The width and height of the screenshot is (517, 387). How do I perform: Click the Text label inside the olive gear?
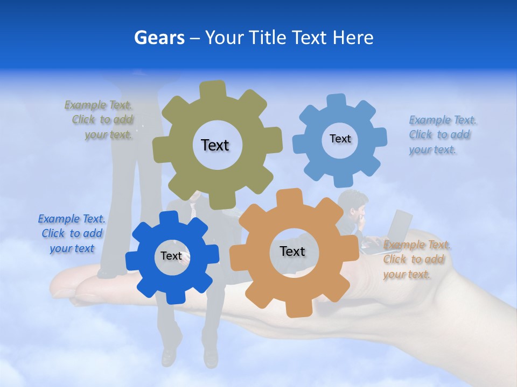click(x=215, y=145)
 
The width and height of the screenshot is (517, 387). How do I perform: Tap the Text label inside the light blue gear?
click(x=340, y=139)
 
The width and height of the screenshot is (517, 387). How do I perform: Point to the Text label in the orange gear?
click(x=292, y=251)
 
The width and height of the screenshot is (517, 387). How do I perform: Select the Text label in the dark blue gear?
click(x=171, y=256)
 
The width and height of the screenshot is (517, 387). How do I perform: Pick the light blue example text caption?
click(x=442, y=135)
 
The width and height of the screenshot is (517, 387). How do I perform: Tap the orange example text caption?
click(x=416, y=260)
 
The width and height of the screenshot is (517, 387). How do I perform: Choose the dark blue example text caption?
click(x=72, y=234)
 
